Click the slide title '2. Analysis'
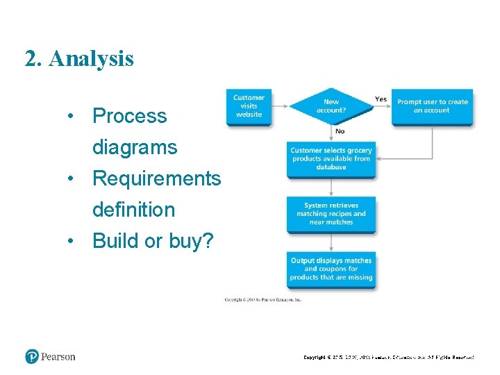click(x=79, y=59)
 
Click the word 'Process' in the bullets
click(x=130, y=116)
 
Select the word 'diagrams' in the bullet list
click(x=135, y=147)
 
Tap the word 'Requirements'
click(x=156, y=178)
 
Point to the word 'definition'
click(x=133, y=209)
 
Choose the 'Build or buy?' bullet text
click(x=153, y=241)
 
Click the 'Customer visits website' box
click(x=249, y=106)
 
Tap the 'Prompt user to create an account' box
click(x=432, y=106)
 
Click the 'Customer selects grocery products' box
click(x=331, y=158)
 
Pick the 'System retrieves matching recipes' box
click(x=331, y=214)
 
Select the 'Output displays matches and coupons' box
click(x=331, y=269)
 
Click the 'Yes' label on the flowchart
click(x=381, y=99)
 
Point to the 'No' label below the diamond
click(x=340, y=131)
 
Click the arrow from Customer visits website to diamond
click(x=280, y=106)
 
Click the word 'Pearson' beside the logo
click(x=58, y=357)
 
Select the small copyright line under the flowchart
click(x=263, y=300)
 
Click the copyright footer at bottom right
click(x=389, y=358)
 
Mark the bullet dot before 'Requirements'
click(x=71, y=178)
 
